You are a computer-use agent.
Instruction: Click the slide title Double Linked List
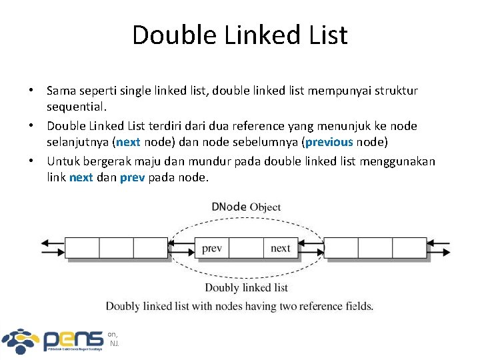point(240,35)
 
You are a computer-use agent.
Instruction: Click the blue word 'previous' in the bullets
point(329,142)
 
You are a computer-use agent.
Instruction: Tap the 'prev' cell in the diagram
point(212,248)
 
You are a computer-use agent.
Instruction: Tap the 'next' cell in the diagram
point(281,248)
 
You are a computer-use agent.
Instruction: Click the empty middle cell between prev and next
point(246,248)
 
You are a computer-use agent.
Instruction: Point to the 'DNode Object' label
point(246,207)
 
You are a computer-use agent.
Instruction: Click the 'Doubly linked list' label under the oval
point(246,287)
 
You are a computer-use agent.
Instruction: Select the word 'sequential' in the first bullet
point(74,107)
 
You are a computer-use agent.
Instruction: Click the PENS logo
point(53,340)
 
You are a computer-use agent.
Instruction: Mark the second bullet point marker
point(31,125)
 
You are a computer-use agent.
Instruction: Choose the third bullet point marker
point(31,161)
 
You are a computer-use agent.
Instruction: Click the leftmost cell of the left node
point(82,248)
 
